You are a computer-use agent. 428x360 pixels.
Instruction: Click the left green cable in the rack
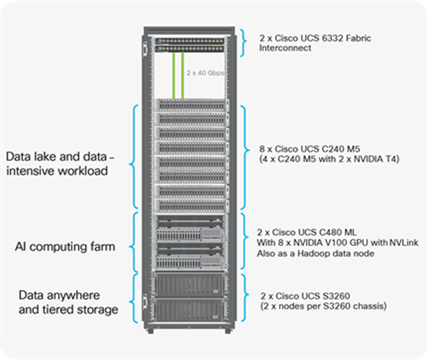coord(174,75)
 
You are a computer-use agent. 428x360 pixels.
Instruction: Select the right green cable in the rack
coord(182,75)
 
